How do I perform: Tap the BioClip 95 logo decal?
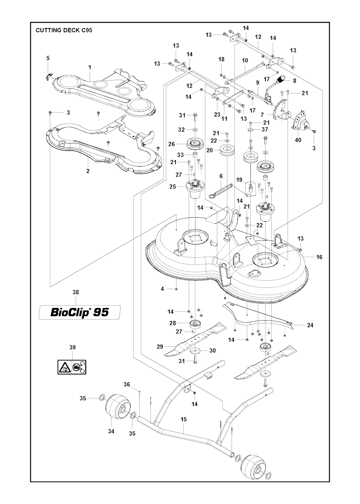tap(79, 312)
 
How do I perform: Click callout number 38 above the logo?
tap(76, 292)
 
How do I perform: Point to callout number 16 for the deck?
tap(319, 257)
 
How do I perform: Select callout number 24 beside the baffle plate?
tap(310, 325)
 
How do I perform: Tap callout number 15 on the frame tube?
tap(184, 419)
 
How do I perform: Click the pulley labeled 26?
tap(193, 144)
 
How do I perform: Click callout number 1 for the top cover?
tap(90, 67)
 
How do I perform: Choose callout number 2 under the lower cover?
tap(88, 171)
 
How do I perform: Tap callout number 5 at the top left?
tap(48, 58)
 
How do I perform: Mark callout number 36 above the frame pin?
tap(127, 385)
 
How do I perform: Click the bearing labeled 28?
tap(194, 323)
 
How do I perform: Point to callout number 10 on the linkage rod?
tap(245, 60)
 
